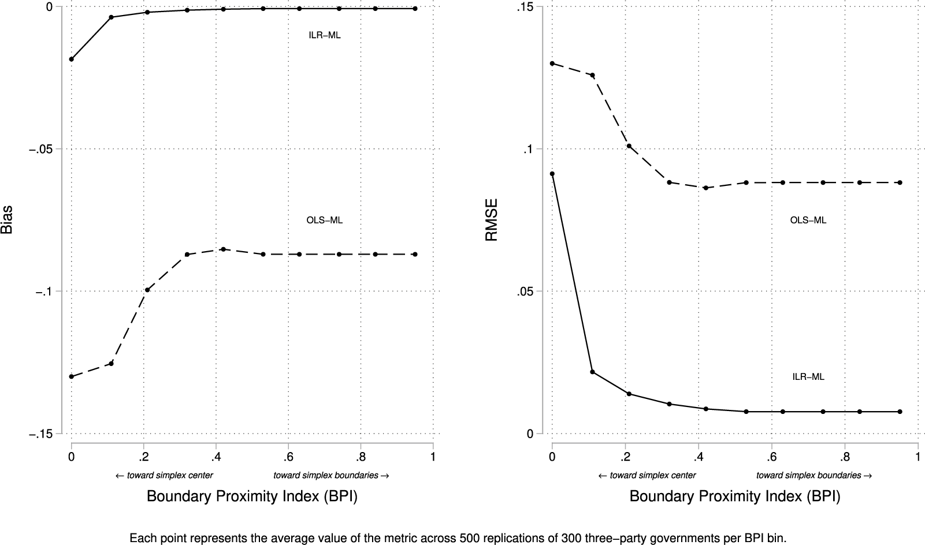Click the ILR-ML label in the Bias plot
pos(325,35)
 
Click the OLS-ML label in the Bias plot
pos(325,220)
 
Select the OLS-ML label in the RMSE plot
pos(808,220)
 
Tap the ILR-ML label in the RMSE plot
pos(808,377)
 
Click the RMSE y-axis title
pos(491,220)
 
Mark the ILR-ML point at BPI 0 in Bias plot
pos(72,59)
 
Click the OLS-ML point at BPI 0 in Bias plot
pos(72,376)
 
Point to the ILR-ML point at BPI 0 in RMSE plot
pos(552,174)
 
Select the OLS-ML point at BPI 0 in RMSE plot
pos(552,64)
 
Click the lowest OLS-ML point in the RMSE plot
pos(705,188)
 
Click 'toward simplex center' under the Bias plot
pos(165,476)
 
